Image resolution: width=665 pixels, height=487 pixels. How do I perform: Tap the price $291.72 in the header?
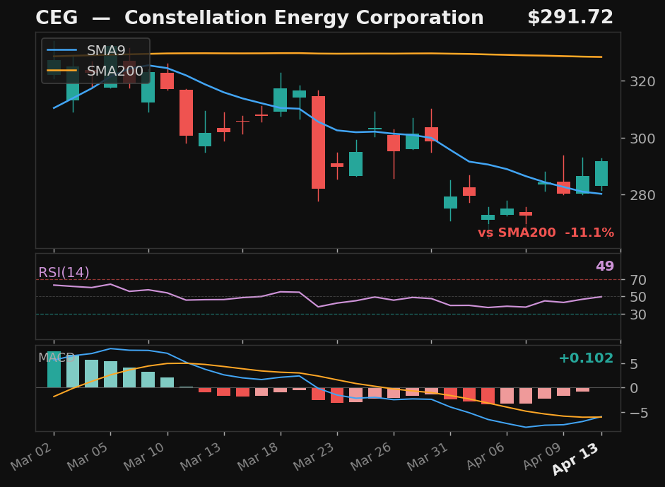[x=570, y=18]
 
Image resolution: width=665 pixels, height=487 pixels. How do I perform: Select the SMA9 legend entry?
[x=106, y=51]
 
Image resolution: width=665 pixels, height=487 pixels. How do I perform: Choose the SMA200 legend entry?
[x=115, y=71]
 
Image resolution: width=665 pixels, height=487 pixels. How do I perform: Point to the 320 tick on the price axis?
[x=638, y=81]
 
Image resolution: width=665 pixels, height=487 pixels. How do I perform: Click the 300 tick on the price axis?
[x=638, y=139]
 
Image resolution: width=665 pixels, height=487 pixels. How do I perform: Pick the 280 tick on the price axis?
[x=638, y=195]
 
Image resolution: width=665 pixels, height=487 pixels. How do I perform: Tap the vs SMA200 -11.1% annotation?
[x=546, y=233]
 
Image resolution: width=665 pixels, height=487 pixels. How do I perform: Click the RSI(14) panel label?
[x=64, y=273]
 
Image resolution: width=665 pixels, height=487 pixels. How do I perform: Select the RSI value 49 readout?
[x=604, y=266]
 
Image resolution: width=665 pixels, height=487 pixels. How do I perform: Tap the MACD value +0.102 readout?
[x=586, y=358]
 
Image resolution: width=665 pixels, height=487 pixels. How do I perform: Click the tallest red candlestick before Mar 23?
[x=318, y=142]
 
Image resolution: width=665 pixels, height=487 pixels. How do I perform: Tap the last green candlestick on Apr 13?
[x=601, y=174]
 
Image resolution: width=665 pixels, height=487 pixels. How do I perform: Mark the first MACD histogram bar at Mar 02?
[x=54, y=370]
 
